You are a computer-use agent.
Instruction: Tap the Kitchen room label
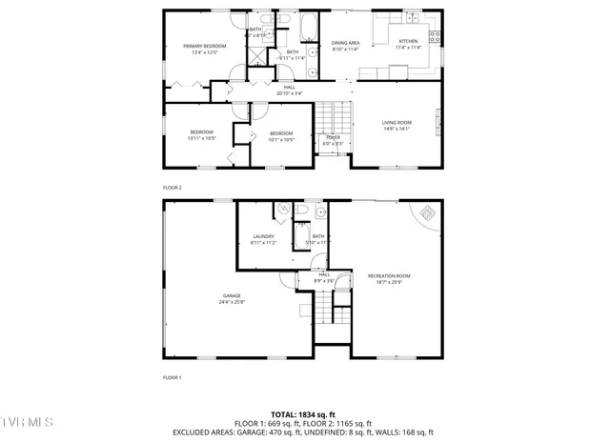pos(408,42)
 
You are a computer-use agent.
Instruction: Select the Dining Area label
pos(345,43)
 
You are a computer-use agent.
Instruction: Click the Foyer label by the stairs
pos(333,137)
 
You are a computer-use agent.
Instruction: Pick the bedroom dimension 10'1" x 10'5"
pos(280,140)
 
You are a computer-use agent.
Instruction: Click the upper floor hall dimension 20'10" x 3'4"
pos(289,93)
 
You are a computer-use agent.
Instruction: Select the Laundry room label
pos(263,236)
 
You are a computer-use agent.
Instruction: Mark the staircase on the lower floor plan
pos(327,310)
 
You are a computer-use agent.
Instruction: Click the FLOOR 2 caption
pos(172,188)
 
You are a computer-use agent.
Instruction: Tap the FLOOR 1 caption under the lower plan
pos(172,378)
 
